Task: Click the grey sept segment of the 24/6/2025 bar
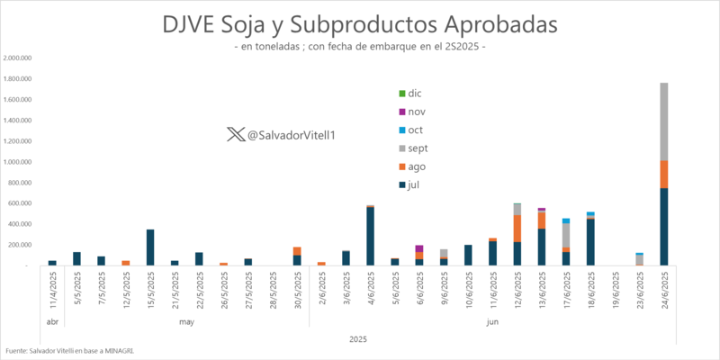point(663,121)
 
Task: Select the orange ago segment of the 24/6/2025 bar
point(663,175)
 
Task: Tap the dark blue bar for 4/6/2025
point(370,236)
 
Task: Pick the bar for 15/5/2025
point(150,247)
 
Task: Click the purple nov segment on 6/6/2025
point(419,248)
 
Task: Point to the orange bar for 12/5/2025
point(126,263)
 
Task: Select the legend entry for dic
point(409,93)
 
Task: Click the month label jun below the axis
point(492,321)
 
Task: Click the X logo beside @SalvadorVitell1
point(235,134)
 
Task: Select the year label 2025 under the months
point(357,338)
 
